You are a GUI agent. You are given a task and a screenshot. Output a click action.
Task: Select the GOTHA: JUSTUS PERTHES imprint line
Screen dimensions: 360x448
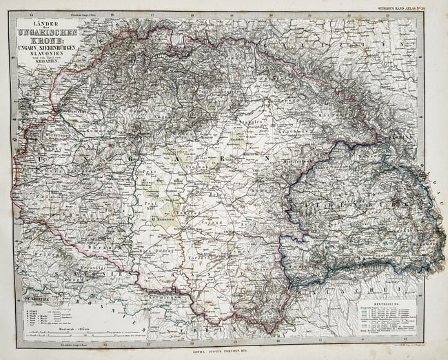[x=227, y=349]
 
